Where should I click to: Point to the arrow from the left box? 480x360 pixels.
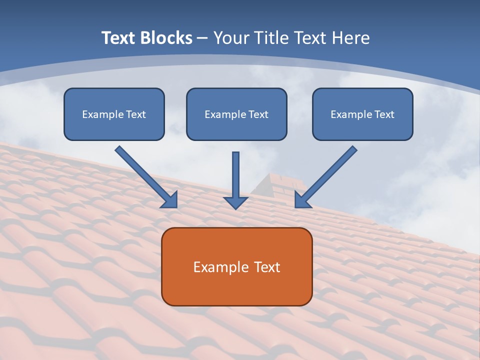click(145, 176)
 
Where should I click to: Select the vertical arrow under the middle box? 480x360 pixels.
click(235, 175)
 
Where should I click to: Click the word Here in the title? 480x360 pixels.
click(351, 38)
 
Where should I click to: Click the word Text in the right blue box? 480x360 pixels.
click(384, 114)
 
